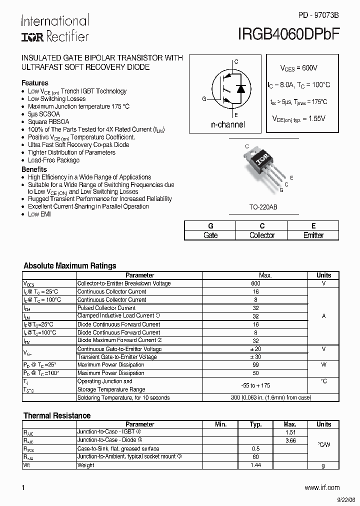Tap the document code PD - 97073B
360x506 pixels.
318,15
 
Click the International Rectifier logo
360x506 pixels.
54,28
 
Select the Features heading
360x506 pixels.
34,83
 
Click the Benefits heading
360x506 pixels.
34,169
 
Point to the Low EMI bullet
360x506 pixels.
39,214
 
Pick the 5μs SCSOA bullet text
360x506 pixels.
43,114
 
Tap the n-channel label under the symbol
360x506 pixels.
228,124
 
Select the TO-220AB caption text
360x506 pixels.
262,206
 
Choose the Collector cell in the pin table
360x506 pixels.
262,235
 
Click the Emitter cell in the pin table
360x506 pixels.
313,235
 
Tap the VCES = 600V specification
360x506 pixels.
298,68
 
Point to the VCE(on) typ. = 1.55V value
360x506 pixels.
298,118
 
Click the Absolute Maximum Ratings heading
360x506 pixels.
69,266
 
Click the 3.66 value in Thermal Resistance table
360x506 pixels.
290,440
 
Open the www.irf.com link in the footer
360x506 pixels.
321,487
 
